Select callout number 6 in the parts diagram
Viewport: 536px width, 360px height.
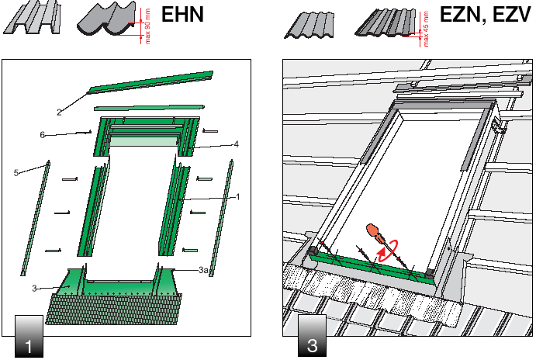click(44, 135)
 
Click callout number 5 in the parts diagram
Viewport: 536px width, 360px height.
click(16, 173)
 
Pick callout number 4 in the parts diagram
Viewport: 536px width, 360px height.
click(236, 144)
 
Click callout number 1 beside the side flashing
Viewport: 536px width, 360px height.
click(237, 197)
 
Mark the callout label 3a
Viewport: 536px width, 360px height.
click(203, 269)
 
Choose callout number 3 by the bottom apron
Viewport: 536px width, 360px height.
click(34, 289)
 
